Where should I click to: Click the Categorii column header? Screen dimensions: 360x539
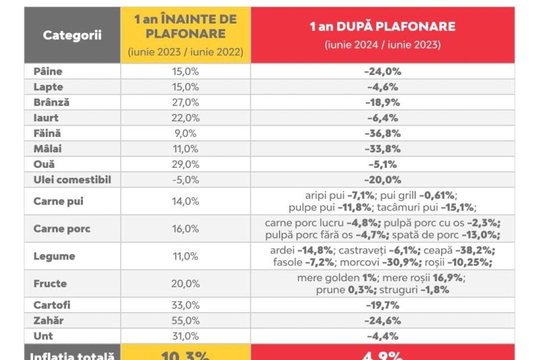(x=72, y=35)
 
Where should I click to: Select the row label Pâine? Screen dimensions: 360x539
(x=48, y=71)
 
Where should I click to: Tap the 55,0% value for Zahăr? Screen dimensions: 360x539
(x=185, y=320)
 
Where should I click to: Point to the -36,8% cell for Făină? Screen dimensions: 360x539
(x=382, y=133)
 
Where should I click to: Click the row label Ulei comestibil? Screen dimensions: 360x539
(x=72, y=180)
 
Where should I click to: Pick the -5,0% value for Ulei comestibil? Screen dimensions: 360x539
(x=185, y=180)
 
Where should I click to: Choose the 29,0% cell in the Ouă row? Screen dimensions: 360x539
(x=185, y=164)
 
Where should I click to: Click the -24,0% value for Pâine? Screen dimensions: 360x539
(x=382, y=71)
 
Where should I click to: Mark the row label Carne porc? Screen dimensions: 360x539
(x=62, y=229)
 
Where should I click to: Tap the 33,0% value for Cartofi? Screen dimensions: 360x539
(x=185, y=305)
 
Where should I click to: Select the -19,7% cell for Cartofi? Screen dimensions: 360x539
(x=382, y=305)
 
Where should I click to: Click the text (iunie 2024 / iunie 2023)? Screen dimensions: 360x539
(x=382, y=45)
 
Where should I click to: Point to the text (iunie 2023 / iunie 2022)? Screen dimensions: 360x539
(x=185, y=51)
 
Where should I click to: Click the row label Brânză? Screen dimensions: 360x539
(x=51, y=102)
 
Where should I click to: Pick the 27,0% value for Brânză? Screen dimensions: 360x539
(x=185, y=102)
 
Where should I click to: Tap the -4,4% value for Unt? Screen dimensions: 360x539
(x=382, y=336)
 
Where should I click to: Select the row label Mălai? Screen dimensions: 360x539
(x=48, y=149)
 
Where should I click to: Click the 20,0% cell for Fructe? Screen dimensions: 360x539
(x=185, y=284)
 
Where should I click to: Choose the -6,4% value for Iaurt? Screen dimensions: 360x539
(x=382, y=118)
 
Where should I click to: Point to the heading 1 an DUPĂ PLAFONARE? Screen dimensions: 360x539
(x=382, y=27)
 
